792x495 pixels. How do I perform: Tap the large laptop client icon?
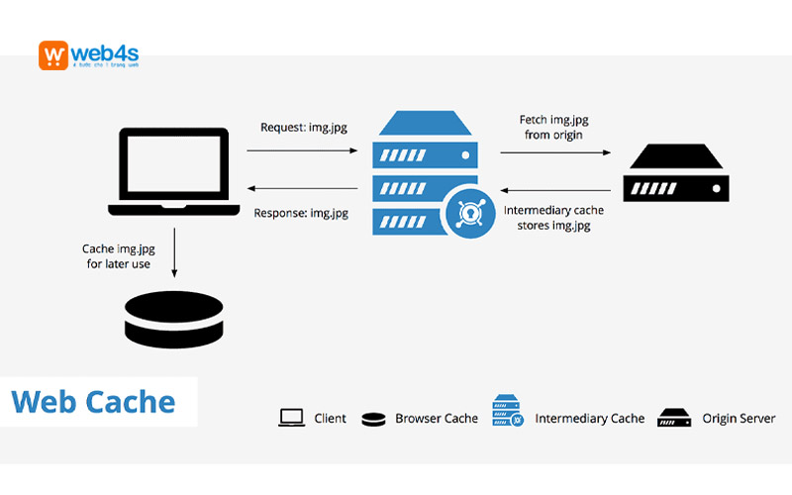(x=174, y=171)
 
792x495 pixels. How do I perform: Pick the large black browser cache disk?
(x=174, y=320)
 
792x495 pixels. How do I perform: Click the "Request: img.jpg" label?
(x=302, y=127)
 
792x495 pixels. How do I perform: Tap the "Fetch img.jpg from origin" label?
(x=553, y=127)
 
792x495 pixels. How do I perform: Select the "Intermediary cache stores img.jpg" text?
(x=553, y=218)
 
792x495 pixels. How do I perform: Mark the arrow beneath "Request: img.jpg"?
(x=301, y=150)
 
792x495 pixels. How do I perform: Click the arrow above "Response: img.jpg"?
(x=301, y=188)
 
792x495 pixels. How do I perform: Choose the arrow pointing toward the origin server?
(x=553, y=152)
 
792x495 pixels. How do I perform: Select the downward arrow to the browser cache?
(x=174, y=252)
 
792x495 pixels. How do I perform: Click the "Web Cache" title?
(x=93, y=402)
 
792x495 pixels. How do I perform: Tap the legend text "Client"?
(x=331, y=419)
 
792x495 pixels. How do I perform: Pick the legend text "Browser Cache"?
(x=437, y=419)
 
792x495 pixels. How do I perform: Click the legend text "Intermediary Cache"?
(x=590, y=419)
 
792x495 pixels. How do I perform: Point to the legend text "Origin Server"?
(x=740, y=419)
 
